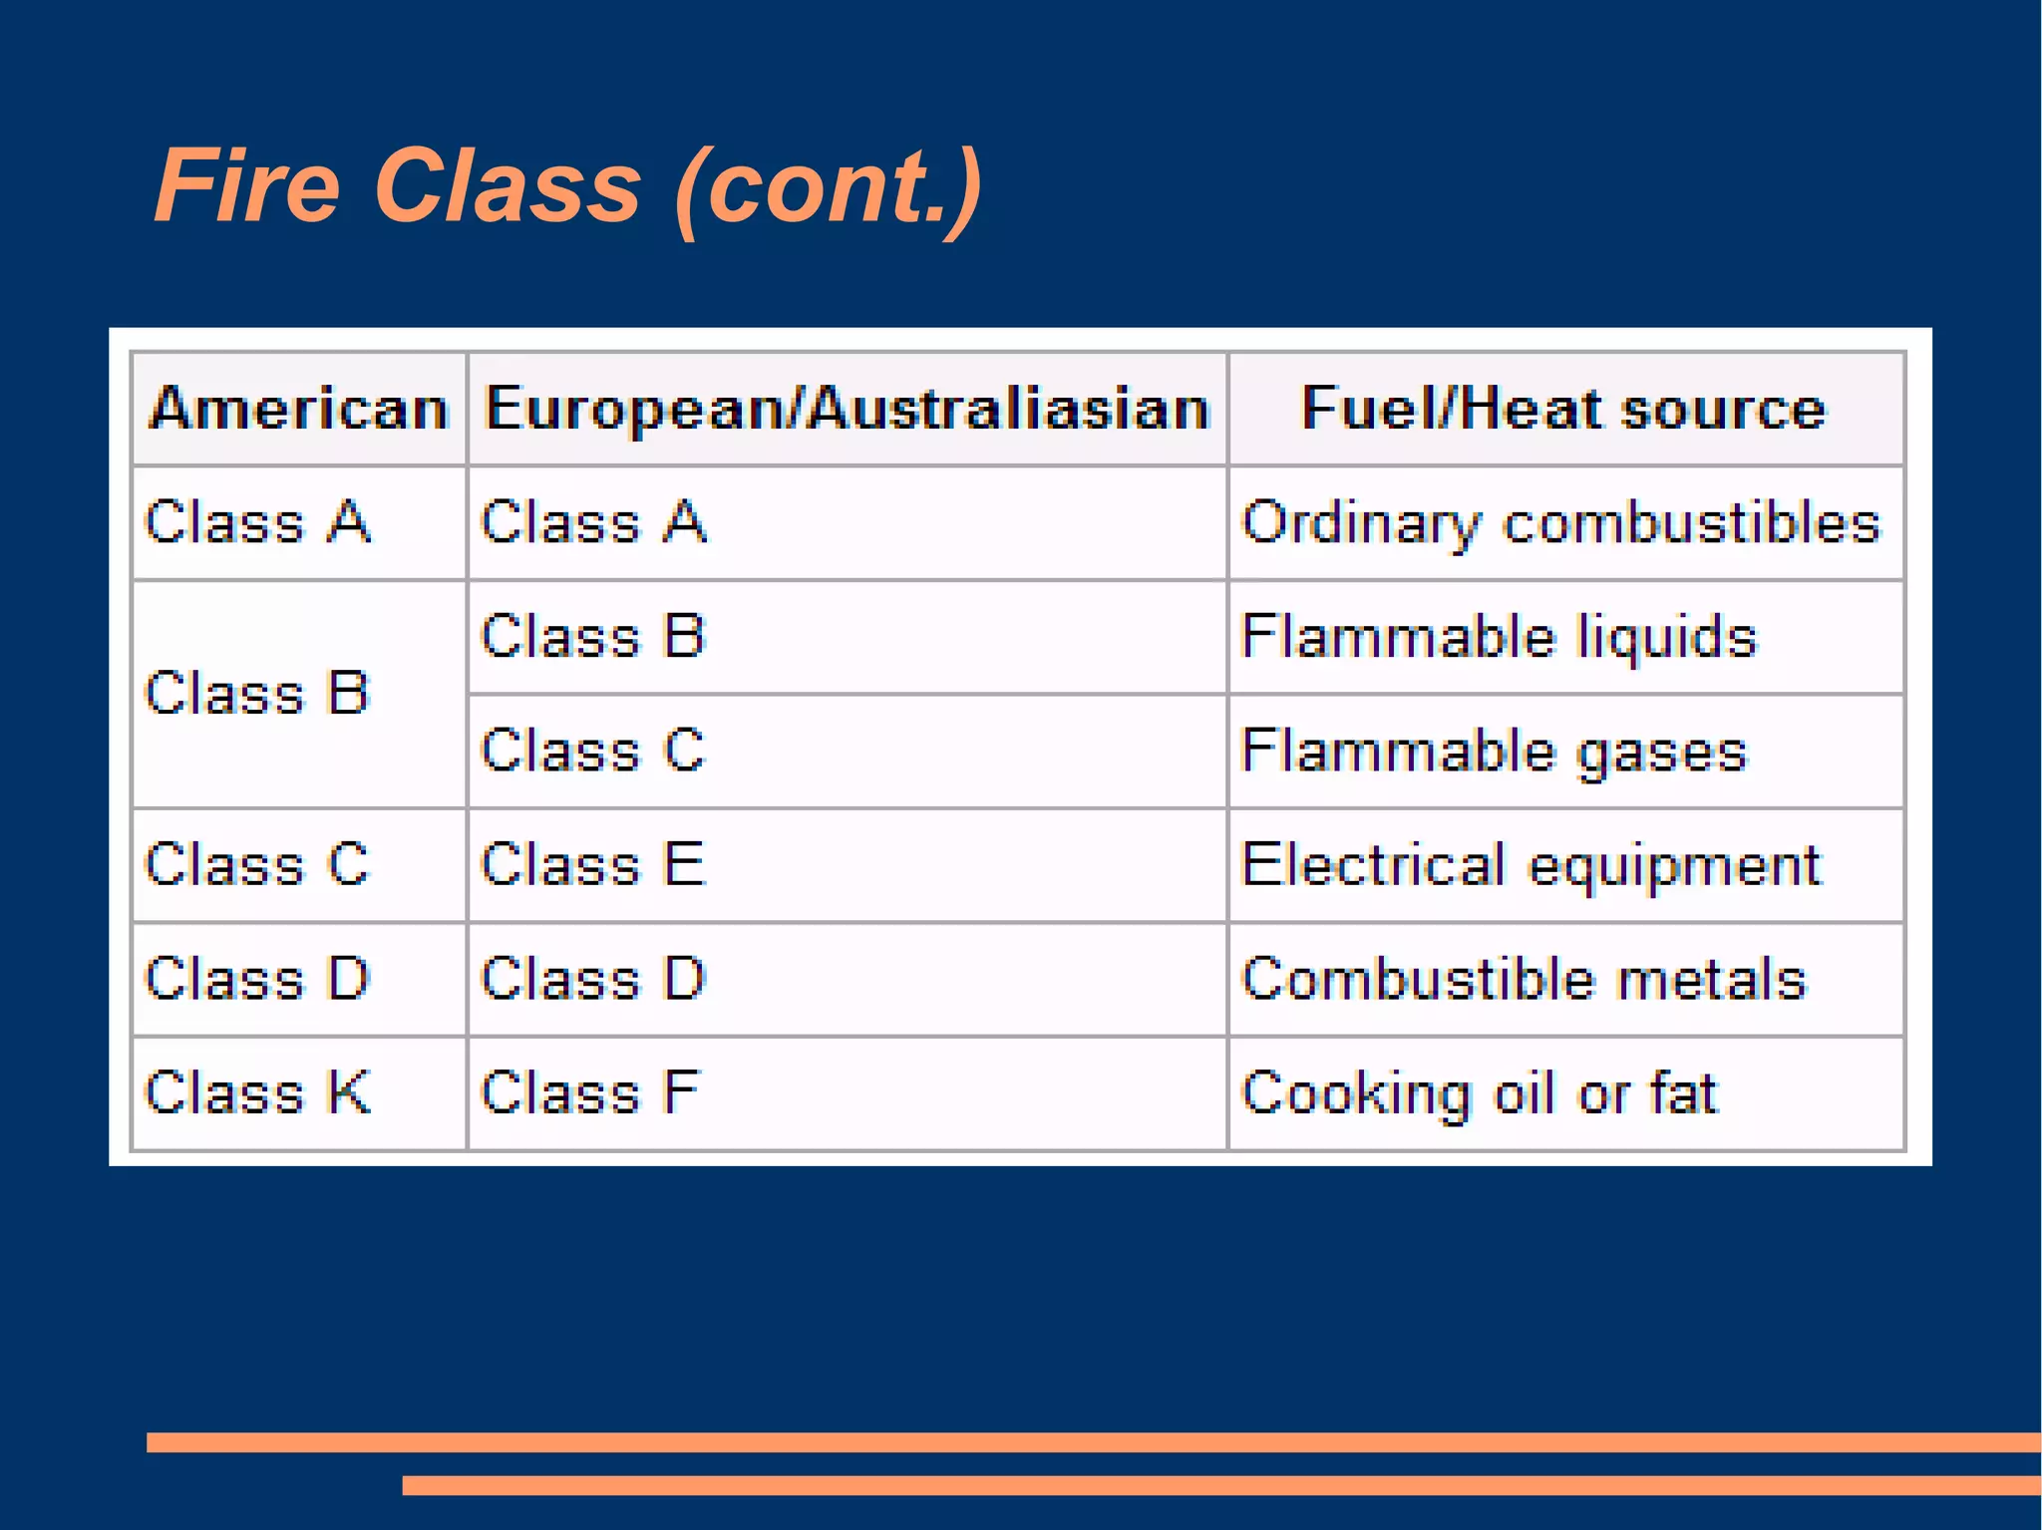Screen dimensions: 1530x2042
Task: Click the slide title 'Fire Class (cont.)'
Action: pyautogui.click(x=568, y=186)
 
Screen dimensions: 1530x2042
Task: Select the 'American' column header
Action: pyautogui.click(x=299, y=409)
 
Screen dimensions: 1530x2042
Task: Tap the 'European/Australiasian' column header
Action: pyautogui.click(x=847, y=409)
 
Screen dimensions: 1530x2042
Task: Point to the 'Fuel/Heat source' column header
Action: pyautogui.click(x=1564, y=409)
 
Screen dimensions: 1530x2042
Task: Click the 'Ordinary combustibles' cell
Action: pyautogui.click(x=1560, y=522)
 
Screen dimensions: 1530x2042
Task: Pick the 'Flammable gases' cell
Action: pyautogui.click(x=1494, y=751)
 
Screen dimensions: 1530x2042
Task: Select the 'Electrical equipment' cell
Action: pyautogui.click(x=1531, y=864)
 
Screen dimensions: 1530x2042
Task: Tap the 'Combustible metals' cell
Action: pyautogui.click(x=1523, y=979)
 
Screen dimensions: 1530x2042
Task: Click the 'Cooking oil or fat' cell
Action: pyautogui.click(x=1479, y=1092)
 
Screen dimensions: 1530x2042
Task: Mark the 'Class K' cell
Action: pyautogui.click(x=257, y=1092)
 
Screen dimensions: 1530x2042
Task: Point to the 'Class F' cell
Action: pyautogui.click(x=590, y=1092)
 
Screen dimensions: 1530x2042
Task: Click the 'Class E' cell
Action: pyautogui.click(x=592, y=864)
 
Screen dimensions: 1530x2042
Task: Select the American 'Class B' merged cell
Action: pyautogui.click(x=257, y=693)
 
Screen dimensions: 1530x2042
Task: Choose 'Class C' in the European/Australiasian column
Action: pyautogui.click(x=592, y=751)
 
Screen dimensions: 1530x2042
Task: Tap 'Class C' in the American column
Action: pyautogui.click(x=257, y=864)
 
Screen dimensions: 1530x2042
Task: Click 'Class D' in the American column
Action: pyautogui.click(x=257, y=979)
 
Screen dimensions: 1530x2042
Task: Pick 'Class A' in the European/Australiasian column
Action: pyautogui.click(x=593, y=522)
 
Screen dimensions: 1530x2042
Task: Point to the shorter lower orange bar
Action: pyautogui.click(x=1221, y=1485)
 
